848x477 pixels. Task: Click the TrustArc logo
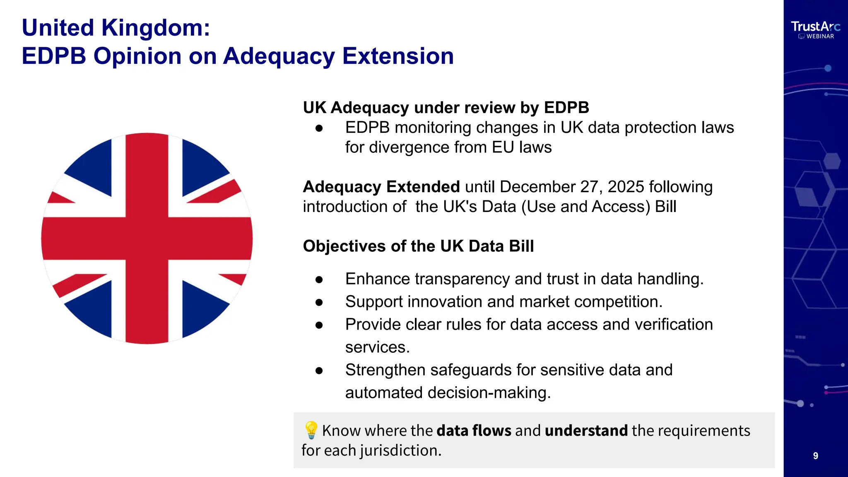coord(815,26)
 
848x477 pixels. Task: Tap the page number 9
coord(815,456)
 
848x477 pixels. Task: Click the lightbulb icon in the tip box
coord(311,430)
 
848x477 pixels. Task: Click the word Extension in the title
coord(398,56)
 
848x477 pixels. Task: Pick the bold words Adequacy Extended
coord(381,187)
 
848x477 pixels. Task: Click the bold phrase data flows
coord(474,431)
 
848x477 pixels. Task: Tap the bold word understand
coord(586,431)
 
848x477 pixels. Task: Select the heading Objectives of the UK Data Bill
coord(418,246)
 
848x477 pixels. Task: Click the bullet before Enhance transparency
coord(319,280)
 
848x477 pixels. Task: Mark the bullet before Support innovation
coord(319,303)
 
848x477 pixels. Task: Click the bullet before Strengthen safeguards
coord(319,371)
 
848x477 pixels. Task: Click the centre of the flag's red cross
coord(147,238)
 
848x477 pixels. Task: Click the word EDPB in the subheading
coord(566,108)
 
